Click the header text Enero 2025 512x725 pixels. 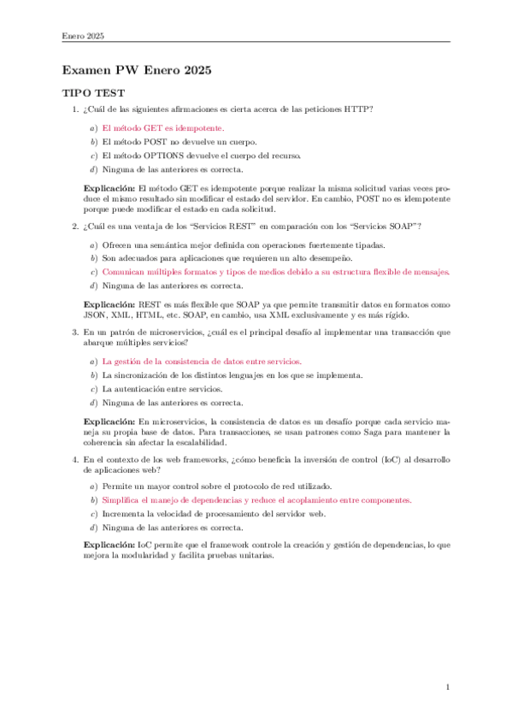click(84, 35)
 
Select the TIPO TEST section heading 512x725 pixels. click(94, 93)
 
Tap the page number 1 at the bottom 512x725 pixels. click(447, 686)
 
